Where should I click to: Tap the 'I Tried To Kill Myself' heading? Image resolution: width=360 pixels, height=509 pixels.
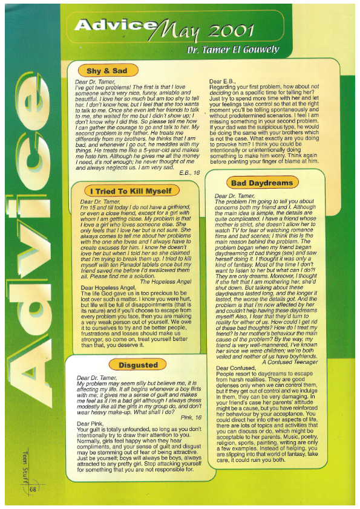pos(130,191)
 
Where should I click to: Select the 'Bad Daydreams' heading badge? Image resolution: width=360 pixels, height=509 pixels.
pos(261,183)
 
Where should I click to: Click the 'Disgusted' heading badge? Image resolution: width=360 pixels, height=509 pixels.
pos(138,365)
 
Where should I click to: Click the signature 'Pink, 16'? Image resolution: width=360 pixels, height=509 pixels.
pos(190,417)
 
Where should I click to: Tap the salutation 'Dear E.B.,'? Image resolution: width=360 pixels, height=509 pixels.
pos(223,80)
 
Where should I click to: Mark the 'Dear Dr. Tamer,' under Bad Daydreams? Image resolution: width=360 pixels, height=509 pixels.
pos(235,196)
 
